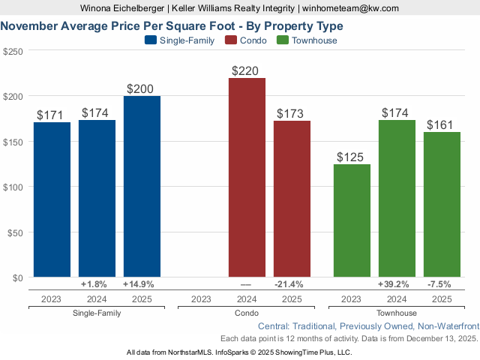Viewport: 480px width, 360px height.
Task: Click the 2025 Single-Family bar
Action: click(x=142, y=187)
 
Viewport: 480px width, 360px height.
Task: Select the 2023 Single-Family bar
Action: click(x=52, y=199)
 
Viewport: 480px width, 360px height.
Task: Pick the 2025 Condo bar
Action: click(x=292, y=199)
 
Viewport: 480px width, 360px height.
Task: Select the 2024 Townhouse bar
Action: click(x=397, y=199)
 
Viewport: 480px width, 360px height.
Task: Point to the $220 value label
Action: click(x=245, y=71)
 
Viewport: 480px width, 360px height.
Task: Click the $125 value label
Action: click(x=350, y=157)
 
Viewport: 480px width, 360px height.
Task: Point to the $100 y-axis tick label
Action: click(x=13, y=187)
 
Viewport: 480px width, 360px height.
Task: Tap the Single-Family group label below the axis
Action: click(x=97, y=313)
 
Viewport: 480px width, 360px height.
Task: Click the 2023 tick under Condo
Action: click(x=202, y=298)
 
